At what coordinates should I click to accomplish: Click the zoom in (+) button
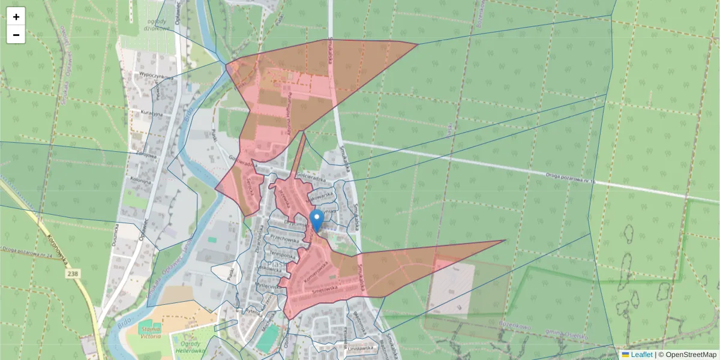click(x=16, y=17)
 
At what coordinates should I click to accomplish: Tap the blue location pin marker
click(x=316, y=220)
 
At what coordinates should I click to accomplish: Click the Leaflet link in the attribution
click(x=641, y=355)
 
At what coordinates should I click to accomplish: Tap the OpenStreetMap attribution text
click(x=687, y=355)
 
